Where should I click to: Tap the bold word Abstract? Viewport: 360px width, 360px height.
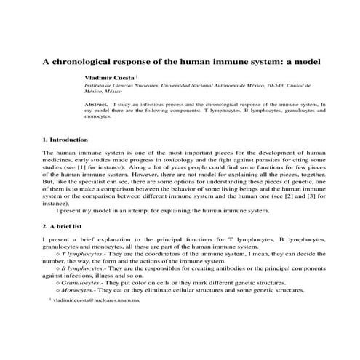(x=97, y=105)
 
